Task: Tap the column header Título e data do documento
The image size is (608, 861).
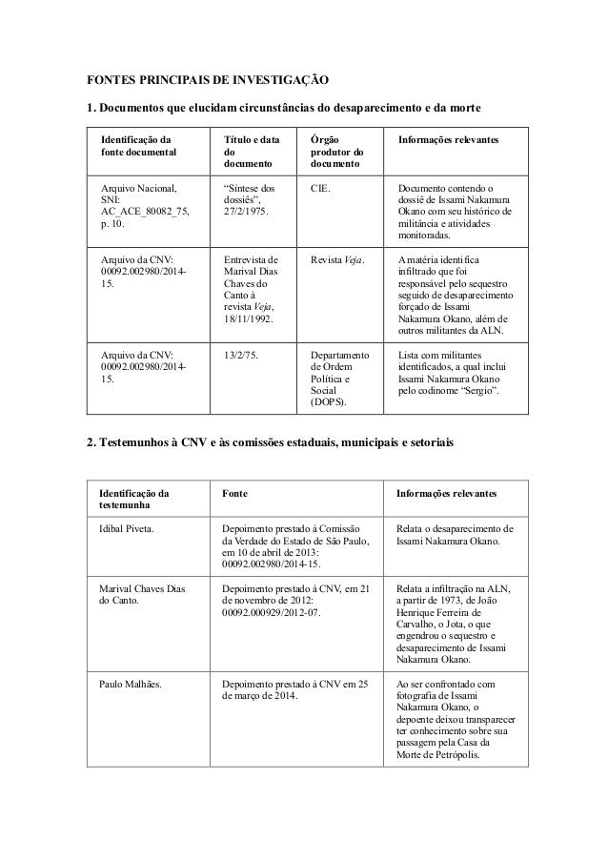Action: [x=245, y=152]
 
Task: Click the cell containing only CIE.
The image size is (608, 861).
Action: [x=321, y=189]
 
